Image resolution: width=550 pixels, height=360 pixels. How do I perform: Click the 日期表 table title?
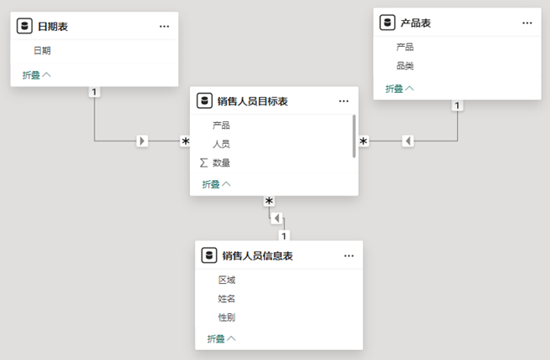tap(53, 27)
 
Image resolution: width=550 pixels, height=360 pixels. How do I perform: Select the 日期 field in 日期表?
tap(43, 50)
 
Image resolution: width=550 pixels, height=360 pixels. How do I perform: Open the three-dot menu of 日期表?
tap(164, 27)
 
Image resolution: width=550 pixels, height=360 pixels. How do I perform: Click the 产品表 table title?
tap(416, 23)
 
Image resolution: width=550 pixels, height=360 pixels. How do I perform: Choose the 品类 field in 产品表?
tap(405, 65)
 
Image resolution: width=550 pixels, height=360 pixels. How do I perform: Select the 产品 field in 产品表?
tap(405, 47)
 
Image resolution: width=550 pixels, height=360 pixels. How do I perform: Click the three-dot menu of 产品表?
tap(527, 23)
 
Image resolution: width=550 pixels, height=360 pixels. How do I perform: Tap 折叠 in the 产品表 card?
tap(399, 88)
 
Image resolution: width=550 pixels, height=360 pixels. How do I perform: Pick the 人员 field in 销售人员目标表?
tap(221, 144)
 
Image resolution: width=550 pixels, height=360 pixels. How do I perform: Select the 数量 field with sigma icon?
tap(221, 163)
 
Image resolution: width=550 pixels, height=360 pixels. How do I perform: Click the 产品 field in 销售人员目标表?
tap(221, 125)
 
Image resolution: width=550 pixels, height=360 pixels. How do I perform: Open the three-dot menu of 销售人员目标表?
tap(344, 101)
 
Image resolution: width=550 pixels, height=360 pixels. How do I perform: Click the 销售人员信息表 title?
tap(258, 255)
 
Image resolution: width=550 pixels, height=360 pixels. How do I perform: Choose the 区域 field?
tap(227, 280)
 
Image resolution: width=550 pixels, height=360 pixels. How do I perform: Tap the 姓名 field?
tap(227, 298)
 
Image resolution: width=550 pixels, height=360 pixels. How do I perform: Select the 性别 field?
tap(227, 317)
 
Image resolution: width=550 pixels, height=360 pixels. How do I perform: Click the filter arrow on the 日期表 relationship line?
tap(142, 141)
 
